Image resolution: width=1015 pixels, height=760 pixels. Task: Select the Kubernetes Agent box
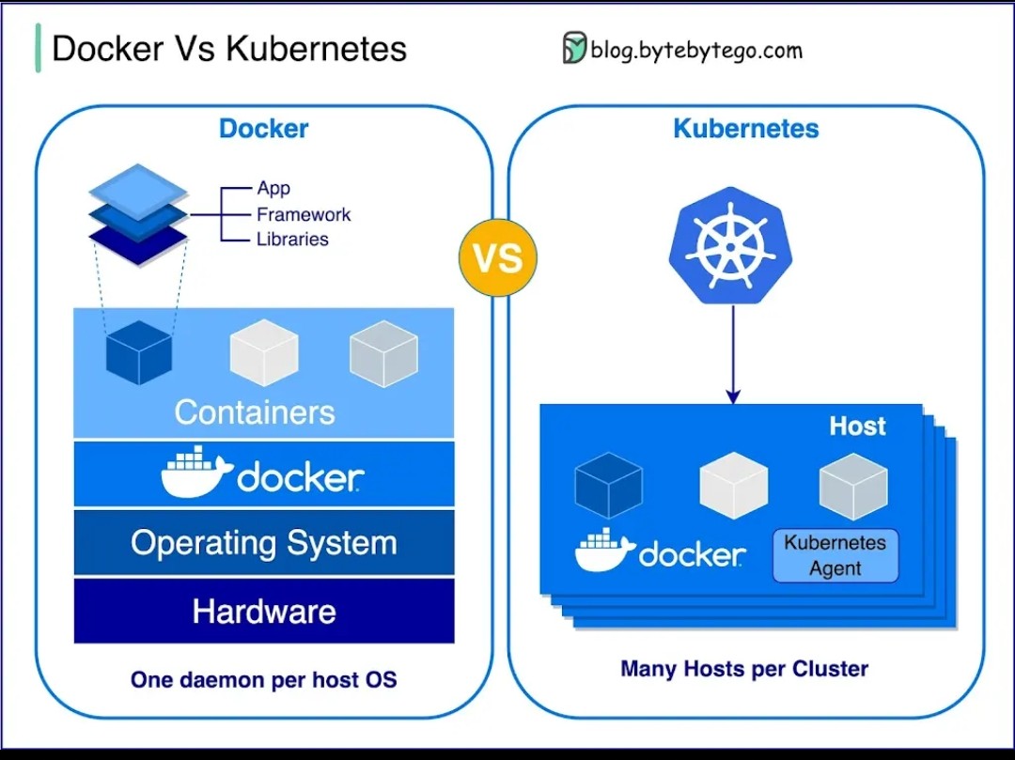pos(835,555)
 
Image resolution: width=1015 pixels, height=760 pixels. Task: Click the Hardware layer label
pos(264,612)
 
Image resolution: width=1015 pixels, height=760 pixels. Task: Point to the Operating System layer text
pos(264,543)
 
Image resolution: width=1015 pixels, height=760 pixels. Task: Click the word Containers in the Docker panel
pos(255,411)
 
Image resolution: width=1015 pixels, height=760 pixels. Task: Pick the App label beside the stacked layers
pos(273,188)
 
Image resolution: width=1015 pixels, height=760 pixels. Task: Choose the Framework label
pos(304,214)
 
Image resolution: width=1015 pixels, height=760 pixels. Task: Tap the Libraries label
pos(292,240)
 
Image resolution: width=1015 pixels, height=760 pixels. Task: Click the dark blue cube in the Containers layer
pos(139,352)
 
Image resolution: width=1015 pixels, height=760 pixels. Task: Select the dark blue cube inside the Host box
pos(608,486)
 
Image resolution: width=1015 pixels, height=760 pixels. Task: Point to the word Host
pos(857,427)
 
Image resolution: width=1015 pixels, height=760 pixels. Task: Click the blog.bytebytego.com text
pos(696,50)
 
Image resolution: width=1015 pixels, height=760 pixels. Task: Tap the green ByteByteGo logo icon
pos(574,48)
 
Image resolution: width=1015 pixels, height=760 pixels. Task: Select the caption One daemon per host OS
pos(264,679)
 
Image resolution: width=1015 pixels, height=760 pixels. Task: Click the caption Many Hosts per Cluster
pos(744,669)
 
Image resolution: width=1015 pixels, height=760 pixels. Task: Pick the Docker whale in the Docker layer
pos(195,475)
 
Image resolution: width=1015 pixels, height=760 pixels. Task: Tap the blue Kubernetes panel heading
pos(746,129)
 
